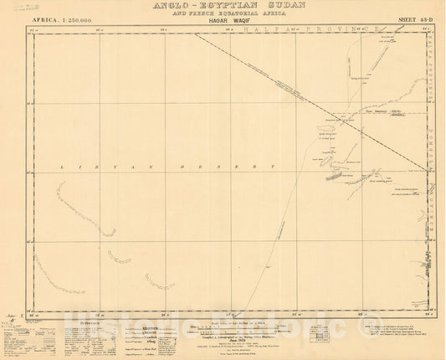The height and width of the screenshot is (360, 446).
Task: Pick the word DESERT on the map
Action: click(239, 167)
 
